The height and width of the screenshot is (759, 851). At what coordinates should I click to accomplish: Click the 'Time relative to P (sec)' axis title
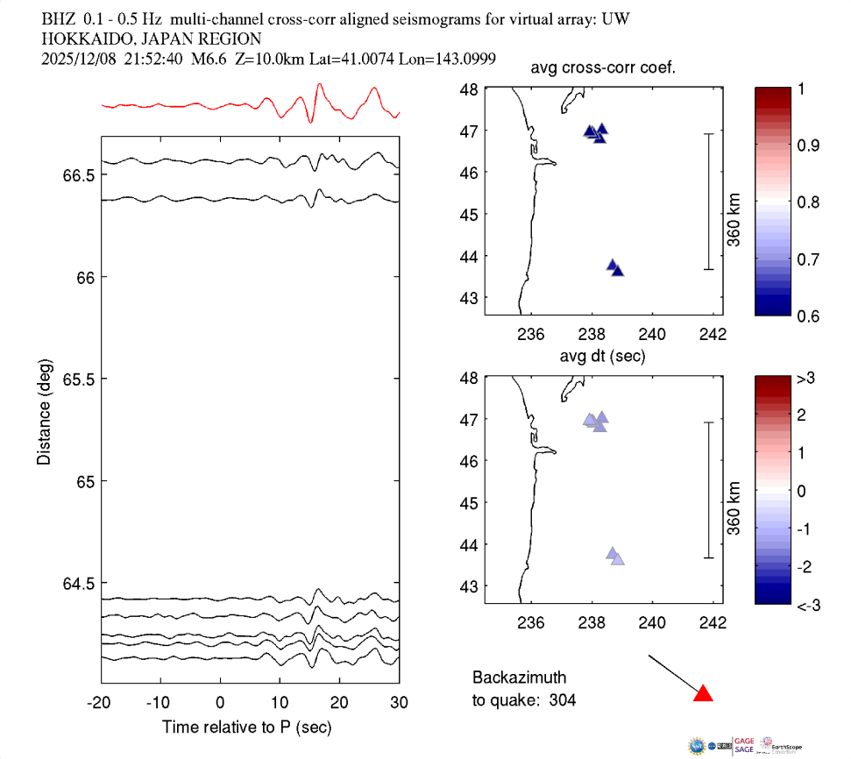(x=246, y=727)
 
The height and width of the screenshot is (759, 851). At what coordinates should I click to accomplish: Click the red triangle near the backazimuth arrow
(x=703, y=694)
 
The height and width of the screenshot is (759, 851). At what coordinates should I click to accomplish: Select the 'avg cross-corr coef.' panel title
(x=602, y=69)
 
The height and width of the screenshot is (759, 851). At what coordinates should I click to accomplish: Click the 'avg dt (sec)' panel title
(x=602, y=357)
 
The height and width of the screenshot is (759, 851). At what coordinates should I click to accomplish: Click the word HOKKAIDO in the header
(x=78, y=39)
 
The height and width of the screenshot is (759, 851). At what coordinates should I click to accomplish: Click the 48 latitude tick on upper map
(x=469, y=89)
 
